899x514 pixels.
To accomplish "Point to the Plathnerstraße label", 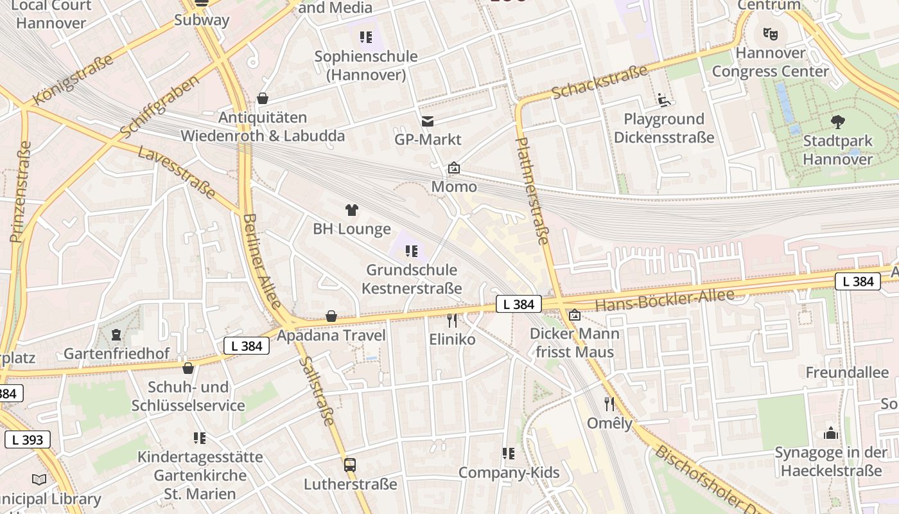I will pyautogui.click(x=532, y=191).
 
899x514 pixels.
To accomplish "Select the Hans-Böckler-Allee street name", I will pyautogui.click(x=664, y=300).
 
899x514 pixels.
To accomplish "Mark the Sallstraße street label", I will pyautogui.click(x=317, y=391).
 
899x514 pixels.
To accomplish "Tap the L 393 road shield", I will pyautogui.click(x=28, y=439).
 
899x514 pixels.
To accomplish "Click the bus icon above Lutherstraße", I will pyautogui.click(x=350, y=465).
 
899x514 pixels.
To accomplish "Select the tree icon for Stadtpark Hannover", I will pyautogui.click(x=837, y=122).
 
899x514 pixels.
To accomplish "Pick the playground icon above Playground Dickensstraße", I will pyautogui.click(x=664, y=100).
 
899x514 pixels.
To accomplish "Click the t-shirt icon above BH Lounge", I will pyautogui.click(x=351, y=210).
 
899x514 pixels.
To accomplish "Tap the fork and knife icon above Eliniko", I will pyautogui.click(x=452, y=320).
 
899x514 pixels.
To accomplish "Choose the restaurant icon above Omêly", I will pyautogui.click(x=609, y=404).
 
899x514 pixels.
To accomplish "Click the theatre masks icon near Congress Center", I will pyautogui.click(x=770, y=33).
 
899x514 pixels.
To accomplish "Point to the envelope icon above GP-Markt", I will pyautogui.click(x=427, y=121).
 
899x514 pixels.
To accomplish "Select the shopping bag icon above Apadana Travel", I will pyautogui.click(x=331, y=316).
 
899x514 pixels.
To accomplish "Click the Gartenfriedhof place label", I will pyautogui.click(x=116, y=353).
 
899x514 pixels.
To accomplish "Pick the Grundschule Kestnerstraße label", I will pyautogui.click(x=412, y=279).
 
